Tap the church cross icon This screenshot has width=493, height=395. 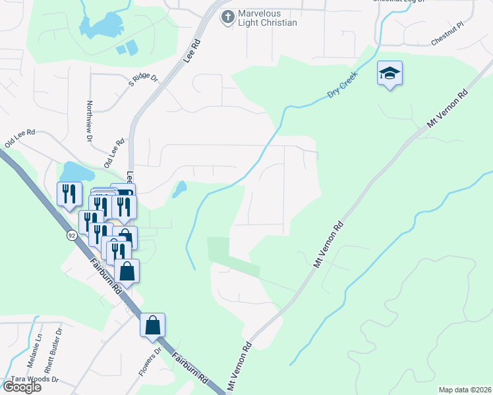click(227, 17)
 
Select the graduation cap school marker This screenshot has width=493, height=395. click(390, 74)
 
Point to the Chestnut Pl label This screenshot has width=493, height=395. click(448, 41)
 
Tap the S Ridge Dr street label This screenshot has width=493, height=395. click(144, 80)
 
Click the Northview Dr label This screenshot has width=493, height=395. click(89, 120)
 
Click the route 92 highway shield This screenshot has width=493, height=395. click(71, 234)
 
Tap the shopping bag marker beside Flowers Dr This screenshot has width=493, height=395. click(152, 325)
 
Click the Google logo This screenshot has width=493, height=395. click(21, 387)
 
